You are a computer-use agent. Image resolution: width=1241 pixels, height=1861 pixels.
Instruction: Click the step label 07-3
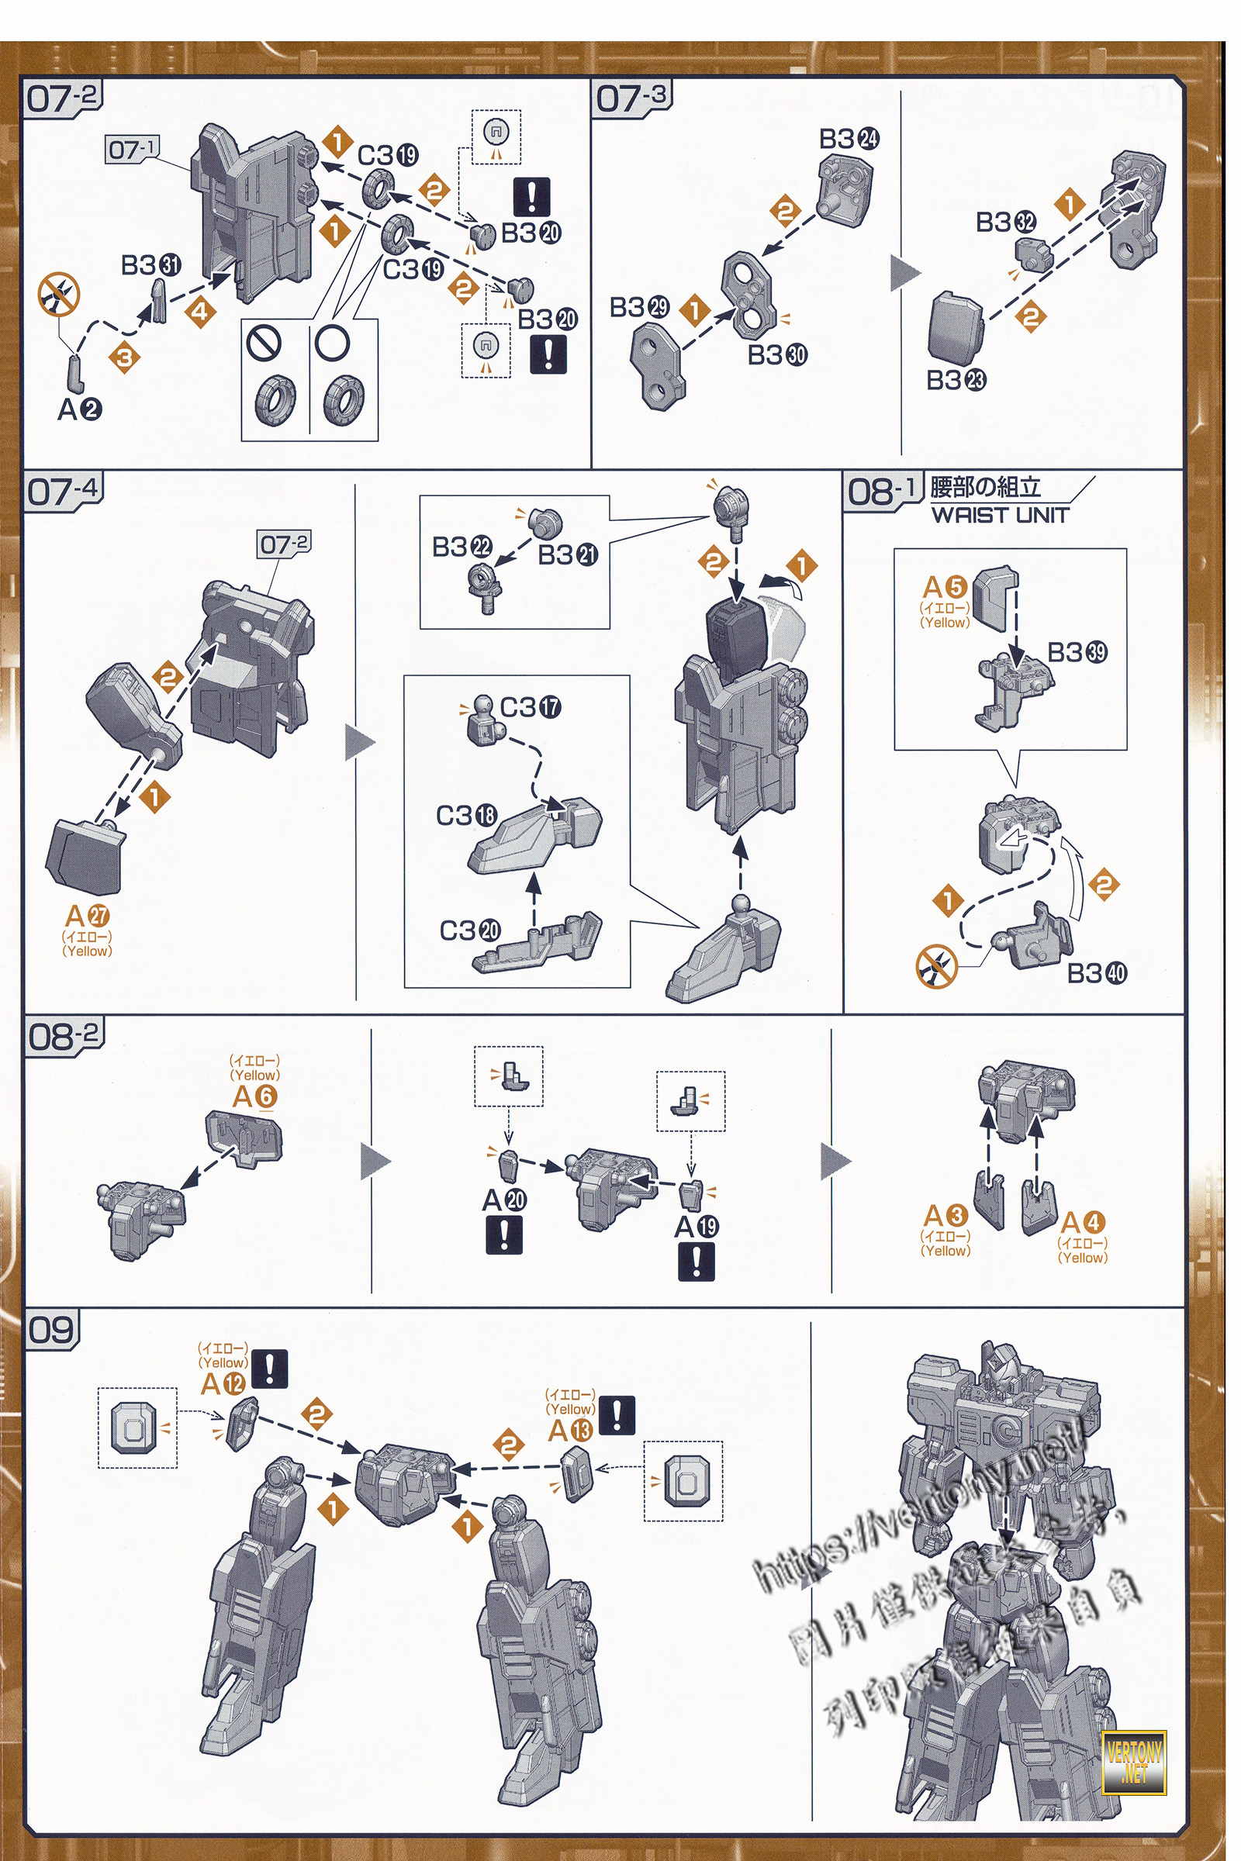631,98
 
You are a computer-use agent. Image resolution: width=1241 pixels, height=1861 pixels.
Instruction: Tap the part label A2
79,409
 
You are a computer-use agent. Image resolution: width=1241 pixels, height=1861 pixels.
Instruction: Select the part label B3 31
150,265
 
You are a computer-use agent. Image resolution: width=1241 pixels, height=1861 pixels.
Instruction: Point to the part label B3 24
849,140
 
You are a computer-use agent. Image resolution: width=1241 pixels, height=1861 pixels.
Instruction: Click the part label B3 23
956,381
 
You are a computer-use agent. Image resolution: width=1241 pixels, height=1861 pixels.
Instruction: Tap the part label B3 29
639,307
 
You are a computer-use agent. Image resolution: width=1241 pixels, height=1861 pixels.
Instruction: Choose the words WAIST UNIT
1001,515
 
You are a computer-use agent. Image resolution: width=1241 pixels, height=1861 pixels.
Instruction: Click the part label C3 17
531,707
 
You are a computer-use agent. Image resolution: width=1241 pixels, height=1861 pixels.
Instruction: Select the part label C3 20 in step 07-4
470,930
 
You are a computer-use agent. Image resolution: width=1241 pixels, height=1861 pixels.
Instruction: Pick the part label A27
87,917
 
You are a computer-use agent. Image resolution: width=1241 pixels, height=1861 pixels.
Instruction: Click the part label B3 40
1096,973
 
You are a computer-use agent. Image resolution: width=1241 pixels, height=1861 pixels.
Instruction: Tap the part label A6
255,1096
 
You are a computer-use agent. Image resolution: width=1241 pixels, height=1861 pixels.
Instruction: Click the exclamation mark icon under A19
696,1262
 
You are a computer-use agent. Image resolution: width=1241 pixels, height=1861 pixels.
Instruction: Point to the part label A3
945,1215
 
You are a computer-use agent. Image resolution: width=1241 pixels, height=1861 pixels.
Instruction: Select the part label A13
570,1430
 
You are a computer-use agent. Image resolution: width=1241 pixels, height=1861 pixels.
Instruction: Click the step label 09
50,1330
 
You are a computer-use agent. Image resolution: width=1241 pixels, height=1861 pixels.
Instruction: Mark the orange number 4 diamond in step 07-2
200,311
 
